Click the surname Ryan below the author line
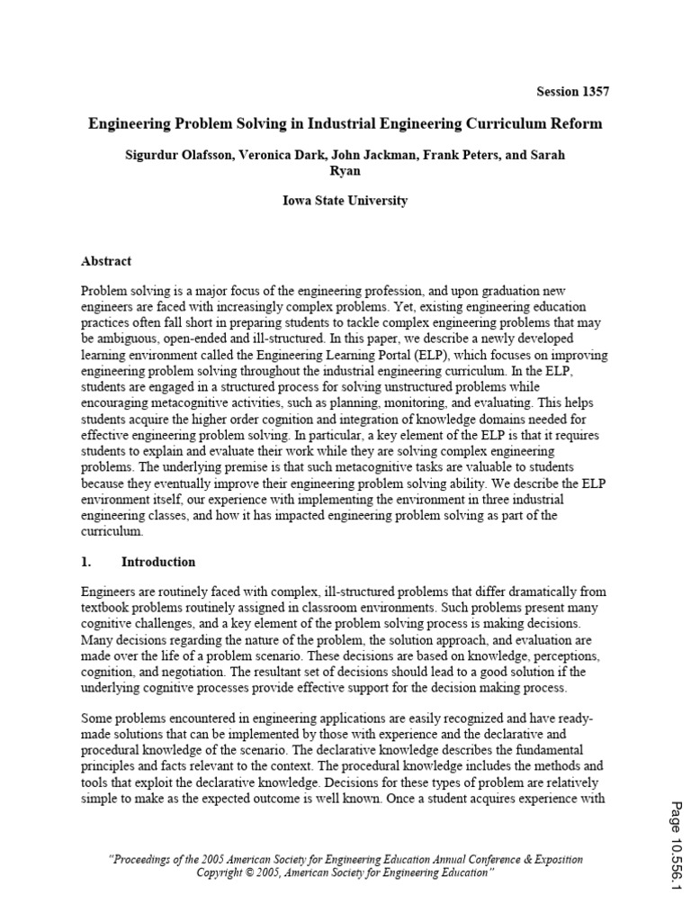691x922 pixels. (x=345, y=170)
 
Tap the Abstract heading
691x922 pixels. (x=106, y=261)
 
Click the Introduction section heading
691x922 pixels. (x=158, y=562)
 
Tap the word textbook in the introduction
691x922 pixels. (x=105, y=608)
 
